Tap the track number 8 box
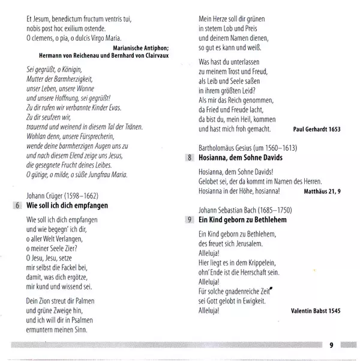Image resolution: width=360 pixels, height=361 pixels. (190, 158)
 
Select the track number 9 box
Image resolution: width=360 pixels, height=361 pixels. (190, 220)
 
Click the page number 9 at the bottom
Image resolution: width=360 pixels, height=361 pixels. (331, 345)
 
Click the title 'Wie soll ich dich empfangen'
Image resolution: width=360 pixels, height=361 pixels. (67, 205)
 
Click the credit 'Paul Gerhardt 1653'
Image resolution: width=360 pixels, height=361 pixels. (316, 129)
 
